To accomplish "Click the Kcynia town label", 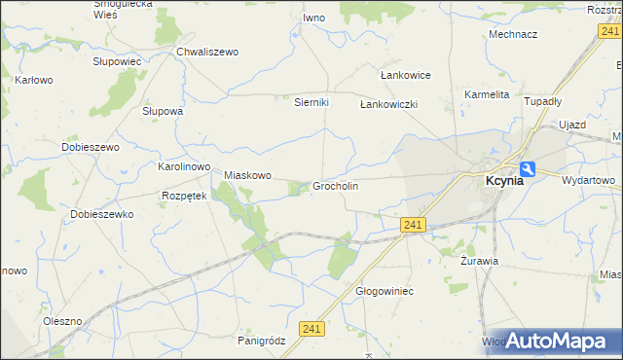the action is (x=505, y=180).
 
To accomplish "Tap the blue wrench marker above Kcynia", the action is (x=527, y=167).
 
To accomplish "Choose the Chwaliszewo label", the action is (x=207, y=52).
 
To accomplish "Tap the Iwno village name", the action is (x=313, y=18).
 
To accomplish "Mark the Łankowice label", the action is (x=404, y=75).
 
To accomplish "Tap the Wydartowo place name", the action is (x=589, y=180).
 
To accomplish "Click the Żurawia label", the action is (x=479, y=261).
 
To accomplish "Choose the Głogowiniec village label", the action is (x=385, y=291).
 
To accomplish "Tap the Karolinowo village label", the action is (x=184, y=166).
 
